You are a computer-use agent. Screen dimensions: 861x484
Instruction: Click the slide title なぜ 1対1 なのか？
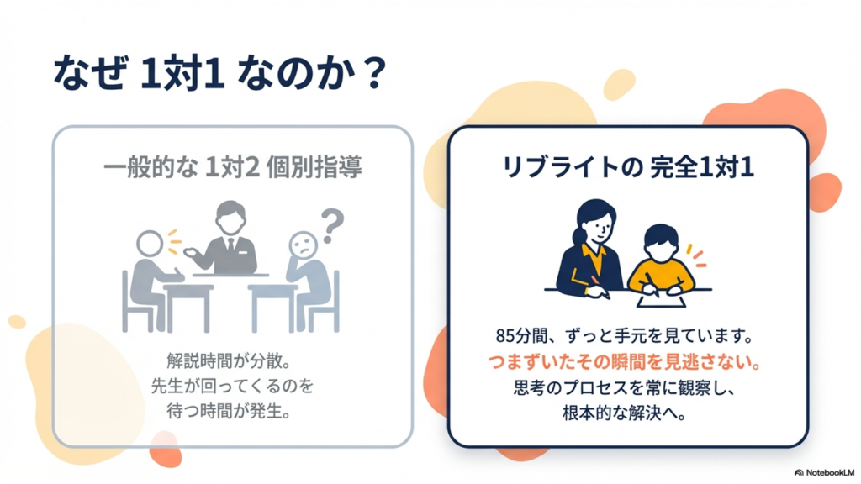point(219,72)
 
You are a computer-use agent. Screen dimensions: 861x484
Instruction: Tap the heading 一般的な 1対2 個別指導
point(233,167)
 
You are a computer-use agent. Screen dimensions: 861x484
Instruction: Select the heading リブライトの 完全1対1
point(628,167)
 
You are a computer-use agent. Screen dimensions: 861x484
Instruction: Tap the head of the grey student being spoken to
point(150,244)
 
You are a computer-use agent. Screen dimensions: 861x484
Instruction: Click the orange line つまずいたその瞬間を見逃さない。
point(625,362)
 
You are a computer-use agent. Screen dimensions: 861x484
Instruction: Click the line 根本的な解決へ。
point(625,413)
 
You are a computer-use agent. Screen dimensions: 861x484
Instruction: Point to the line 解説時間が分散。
point(229,360)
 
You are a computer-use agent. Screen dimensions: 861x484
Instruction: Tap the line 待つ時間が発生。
point(229,411)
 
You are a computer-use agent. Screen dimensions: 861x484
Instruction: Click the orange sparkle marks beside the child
point(696,255)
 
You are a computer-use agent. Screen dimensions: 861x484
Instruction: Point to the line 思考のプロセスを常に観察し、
point(625,388)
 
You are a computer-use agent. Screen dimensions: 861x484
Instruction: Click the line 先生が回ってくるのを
point(232,386)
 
